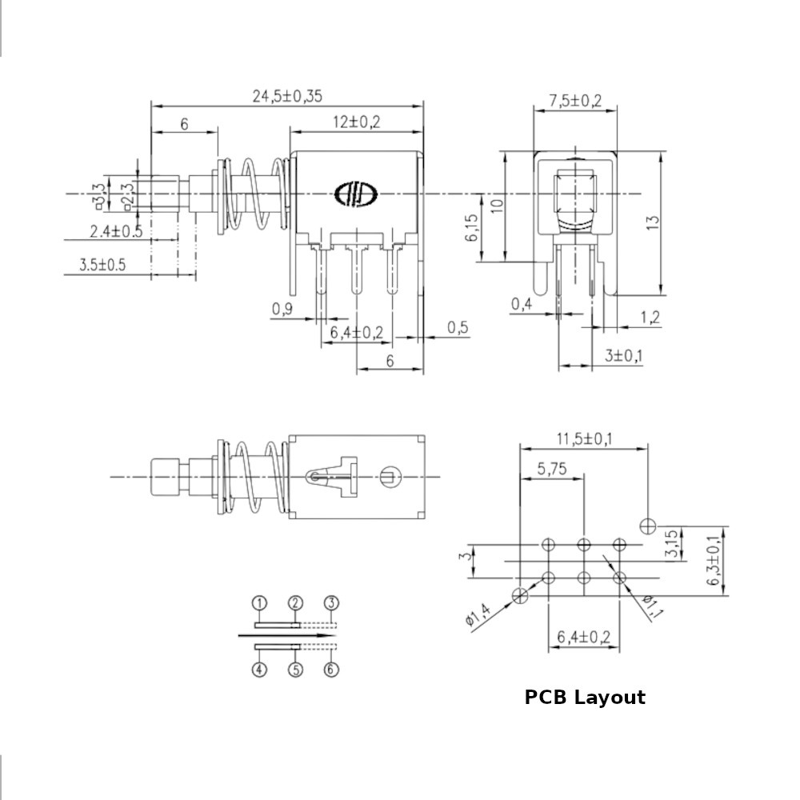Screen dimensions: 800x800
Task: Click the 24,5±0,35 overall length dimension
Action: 287,96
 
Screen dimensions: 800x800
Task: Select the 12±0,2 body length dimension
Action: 356,122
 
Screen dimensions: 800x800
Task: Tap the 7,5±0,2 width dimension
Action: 575,101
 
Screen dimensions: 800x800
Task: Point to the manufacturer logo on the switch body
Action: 356,194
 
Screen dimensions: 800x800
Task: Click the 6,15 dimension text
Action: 472,227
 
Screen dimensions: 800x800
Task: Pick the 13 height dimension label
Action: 654,222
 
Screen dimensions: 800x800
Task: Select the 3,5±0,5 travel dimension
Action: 102,264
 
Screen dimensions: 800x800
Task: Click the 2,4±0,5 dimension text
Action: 116,231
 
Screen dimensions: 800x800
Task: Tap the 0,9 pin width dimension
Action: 282,309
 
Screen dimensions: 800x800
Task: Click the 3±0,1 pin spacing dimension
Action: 623,355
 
